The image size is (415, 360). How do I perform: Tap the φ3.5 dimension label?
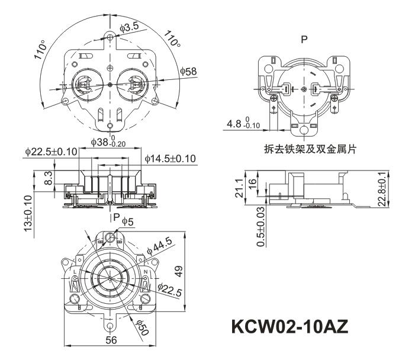coord(129,27)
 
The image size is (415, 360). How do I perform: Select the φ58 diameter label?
coord(189,72)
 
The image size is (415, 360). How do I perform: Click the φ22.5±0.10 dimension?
coord(51,152)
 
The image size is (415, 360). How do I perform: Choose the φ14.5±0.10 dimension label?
coord(170,159)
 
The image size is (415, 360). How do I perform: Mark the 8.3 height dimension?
coord(37,177)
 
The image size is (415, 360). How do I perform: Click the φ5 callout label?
coord(128,221)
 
